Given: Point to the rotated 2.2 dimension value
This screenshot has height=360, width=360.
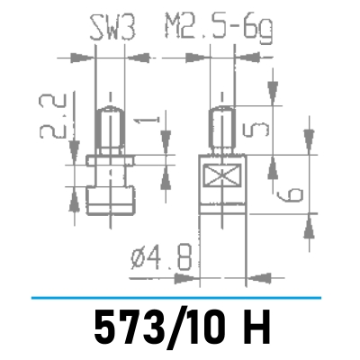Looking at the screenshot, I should (x=52, y=116).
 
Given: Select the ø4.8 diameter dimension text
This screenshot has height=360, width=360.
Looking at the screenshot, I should (x=161, y=259).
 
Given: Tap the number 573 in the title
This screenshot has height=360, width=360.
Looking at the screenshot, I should (x=126, y=328).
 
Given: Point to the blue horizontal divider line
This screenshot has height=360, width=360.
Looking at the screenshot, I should (x=180, y=296).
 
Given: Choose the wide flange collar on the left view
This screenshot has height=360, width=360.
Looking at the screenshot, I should (x=109, y=164).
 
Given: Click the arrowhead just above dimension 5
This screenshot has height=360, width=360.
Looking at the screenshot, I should (x=269, y=94).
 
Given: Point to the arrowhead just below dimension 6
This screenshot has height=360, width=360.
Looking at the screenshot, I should (x=309, y=222).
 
